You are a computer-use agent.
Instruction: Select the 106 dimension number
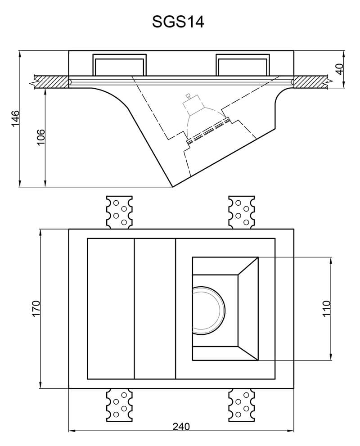(40, 137)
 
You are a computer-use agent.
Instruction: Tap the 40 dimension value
(340, 69)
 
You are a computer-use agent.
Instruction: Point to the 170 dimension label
(36, 308)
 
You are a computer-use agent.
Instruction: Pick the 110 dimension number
(327, 308)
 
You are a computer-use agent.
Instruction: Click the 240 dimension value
(181, 426)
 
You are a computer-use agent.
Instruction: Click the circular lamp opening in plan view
(208, 310)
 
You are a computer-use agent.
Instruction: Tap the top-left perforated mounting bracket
(119, 212)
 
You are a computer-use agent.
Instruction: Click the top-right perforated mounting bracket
(242, 212)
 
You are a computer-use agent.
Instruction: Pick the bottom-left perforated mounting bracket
(119, 405)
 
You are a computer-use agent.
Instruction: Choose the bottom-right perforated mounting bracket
(242, 405)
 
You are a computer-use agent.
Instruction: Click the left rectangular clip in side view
(119, 65)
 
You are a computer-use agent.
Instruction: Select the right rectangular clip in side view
(243, 65)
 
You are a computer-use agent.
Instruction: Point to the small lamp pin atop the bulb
(188, 96)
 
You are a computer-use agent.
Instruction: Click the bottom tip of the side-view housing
(173, 187)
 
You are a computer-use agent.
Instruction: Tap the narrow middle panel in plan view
(155, 309)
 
